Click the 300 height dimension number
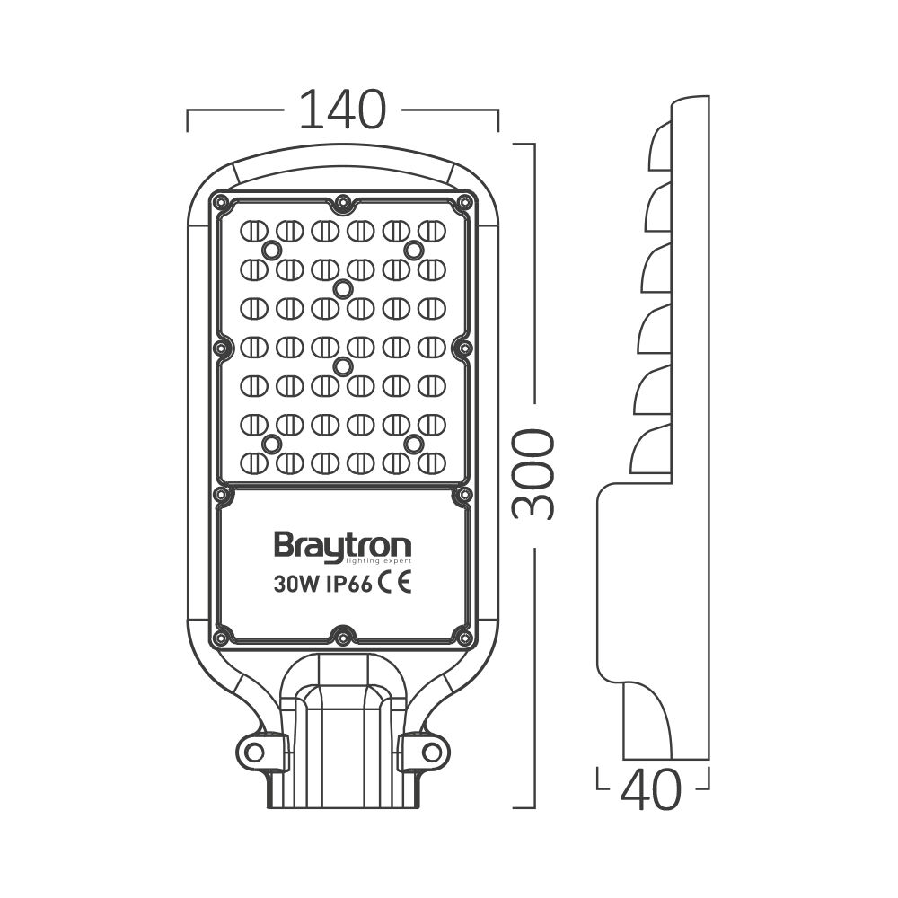[533, 474]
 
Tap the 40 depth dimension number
[650, 790]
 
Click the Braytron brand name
[342, 546]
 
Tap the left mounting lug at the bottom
[258, 751]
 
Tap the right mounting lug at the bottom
[427, 751]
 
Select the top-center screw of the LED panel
[342, 206]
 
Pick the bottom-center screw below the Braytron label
[342, 637]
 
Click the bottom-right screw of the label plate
[463, 637]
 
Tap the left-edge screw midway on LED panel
[220, 347]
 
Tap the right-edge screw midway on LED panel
[463, 347]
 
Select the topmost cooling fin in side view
[660, 146]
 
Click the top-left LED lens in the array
[254, 231]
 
